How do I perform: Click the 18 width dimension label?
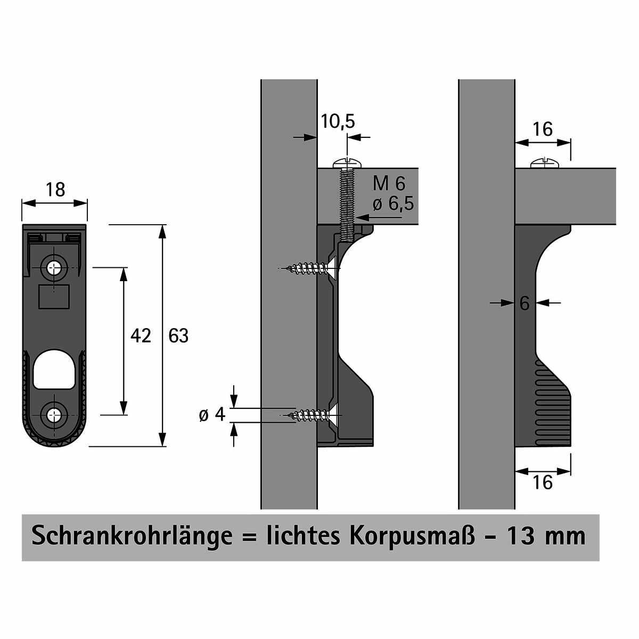click(55, 190)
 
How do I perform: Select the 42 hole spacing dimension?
click(141, 335)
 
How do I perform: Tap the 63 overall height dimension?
click(178, 335)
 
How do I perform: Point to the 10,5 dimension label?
click(338, 122)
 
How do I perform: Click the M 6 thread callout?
click(389, 183)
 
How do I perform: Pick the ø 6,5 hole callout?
click(394, 203)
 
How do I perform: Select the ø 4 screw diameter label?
click(212, 414)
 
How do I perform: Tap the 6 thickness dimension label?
click(525, 303)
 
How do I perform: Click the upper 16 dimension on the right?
click(543, 129)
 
